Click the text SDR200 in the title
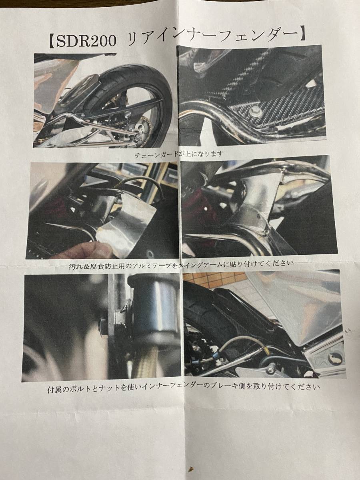pyautogui.click(x=86, y=41)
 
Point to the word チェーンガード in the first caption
pyautogui.click(x=156, y=155)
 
